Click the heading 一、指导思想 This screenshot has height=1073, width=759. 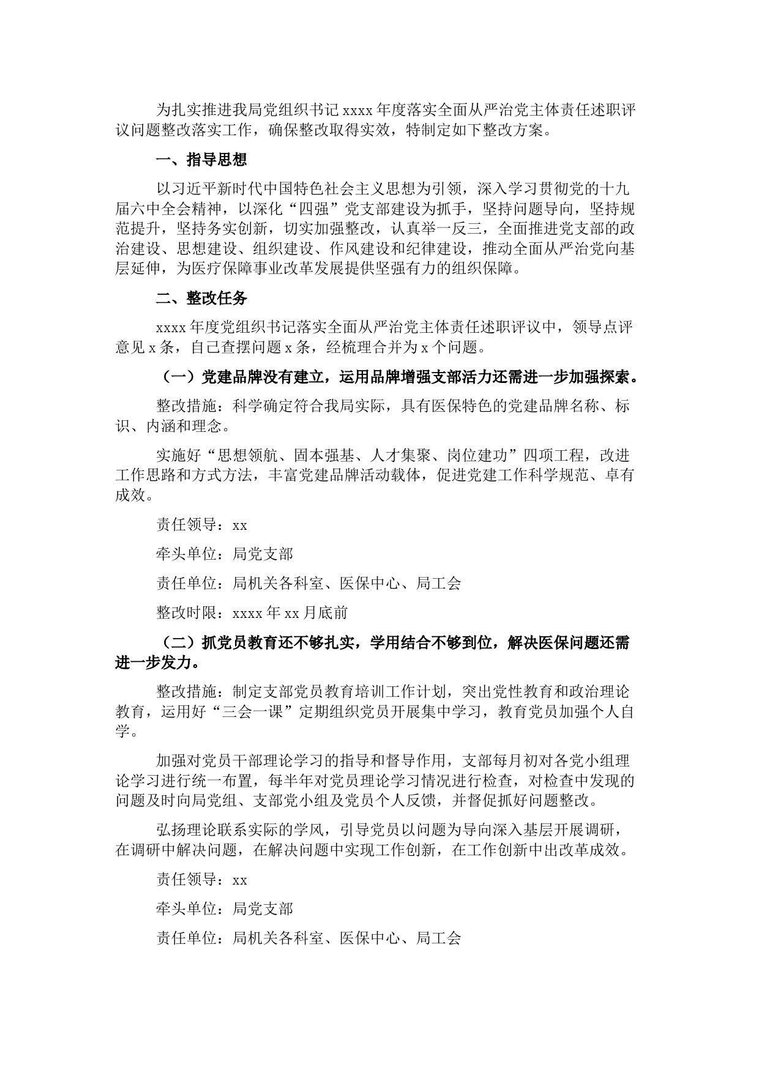tap(201, 160)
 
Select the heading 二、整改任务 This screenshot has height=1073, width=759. tap(201, 298)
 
